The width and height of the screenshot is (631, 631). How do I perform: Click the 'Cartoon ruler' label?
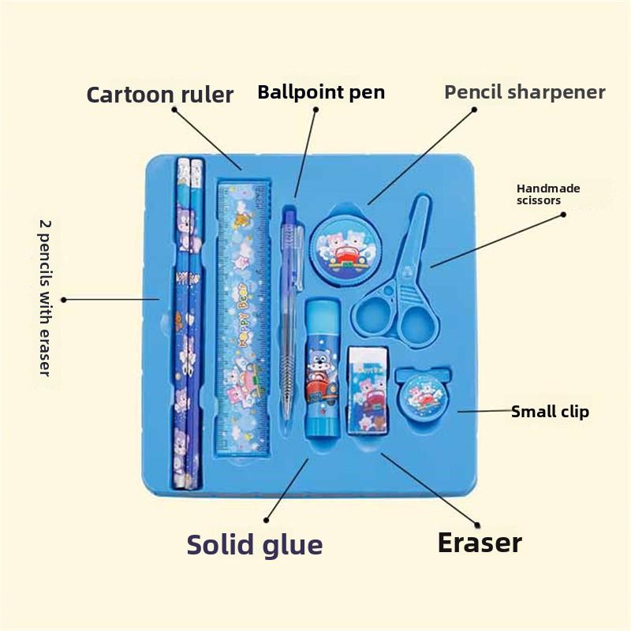tap(159, 95)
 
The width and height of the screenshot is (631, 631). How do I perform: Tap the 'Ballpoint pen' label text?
tap(321, 92)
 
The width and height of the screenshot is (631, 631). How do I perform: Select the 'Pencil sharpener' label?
tap(525, 91)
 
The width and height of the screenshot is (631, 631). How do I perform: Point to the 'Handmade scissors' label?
tap(547, 194)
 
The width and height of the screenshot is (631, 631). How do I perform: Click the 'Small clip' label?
tap(550, 412)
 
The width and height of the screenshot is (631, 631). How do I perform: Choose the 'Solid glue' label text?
tap(254, 545)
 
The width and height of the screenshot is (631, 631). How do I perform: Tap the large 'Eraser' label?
tap(480, 543)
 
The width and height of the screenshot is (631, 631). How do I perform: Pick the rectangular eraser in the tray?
tap(368, 389)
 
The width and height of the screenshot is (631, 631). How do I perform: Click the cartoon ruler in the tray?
tap(243, 319)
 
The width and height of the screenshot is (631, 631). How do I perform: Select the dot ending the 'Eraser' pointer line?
tap(476, 524)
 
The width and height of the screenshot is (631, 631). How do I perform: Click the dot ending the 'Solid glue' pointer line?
tap(267, 520)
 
